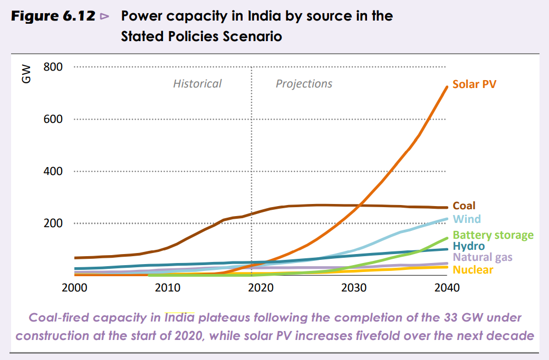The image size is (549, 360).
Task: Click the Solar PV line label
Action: (x=474, y=84)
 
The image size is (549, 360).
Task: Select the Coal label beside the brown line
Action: (x=464, y=206)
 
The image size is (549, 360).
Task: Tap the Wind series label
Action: (x=467, y=219)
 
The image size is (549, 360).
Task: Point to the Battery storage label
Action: (x=493, y=235)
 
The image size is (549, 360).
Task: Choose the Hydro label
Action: (x=469, y=246)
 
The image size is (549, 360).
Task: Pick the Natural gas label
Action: (x=483, y=257)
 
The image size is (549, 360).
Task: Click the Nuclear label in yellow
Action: (x=473, y=270)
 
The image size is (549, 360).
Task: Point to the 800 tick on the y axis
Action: (x=53, y=67)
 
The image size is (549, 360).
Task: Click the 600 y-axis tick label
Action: (x=53, y=119)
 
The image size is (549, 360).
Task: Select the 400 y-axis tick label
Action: (x=53, y=171)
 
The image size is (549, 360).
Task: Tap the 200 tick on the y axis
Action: (x=53, y=223)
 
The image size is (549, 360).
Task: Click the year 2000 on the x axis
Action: (x=74, y=288)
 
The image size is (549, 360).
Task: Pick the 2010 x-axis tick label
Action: (x=167, y=288)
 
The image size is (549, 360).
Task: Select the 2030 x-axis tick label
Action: (x=354, y=288)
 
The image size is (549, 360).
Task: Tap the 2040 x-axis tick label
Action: (x=447, y=288)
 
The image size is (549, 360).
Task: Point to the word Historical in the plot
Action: (x=197, y=84)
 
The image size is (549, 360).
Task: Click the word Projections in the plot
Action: (x=304, y=84)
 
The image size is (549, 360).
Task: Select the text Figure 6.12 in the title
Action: (x=53, y=16)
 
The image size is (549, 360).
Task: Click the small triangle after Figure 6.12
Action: (x=104, y=16)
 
